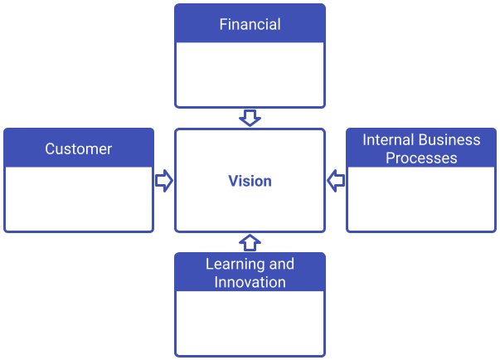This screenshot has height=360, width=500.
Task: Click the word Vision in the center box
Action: point(250,181)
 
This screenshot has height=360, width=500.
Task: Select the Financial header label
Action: point(250,24)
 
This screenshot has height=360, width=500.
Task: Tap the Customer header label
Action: point(78,149)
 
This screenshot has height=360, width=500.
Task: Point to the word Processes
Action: point(421,158)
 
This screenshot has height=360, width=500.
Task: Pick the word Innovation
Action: point(250,282)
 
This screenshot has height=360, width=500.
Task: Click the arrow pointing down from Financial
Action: point(250,118)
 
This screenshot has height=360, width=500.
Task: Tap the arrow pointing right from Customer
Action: point(163,181)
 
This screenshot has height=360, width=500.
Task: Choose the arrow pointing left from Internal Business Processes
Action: point(336,181)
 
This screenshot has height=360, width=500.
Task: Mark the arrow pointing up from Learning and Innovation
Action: point(250,242)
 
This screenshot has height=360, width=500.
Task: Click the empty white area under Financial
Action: point(250,75)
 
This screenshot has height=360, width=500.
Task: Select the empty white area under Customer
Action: point(78,199)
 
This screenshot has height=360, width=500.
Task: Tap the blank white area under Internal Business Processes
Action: point(421,199)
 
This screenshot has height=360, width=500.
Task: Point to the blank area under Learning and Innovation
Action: point(250,324)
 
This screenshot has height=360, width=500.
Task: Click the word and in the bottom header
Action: point(282,265)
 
